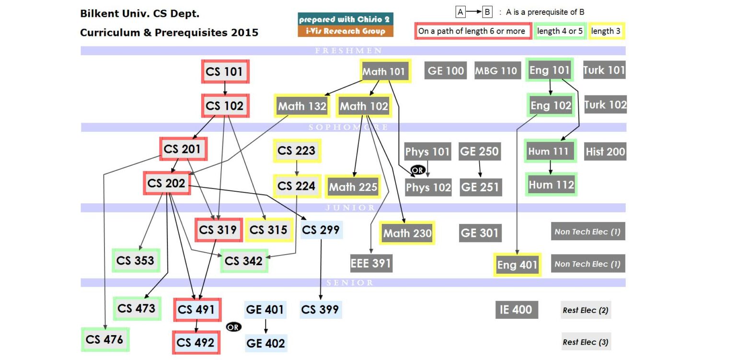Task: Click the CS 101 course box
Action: (x=225, y=72)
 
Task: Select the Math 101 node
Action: (x=385, y=72)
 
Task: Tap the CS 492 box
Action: (x=196, y=343)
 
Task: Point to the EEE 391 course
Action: (x=371, y=263)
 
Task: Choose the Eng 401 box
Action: (x=517, y=265)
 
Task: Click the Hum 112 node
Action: (x=551, y=184)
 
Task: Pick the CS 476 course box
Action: (x=104, y=339)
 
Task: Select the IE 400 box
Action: (x=516, y=310)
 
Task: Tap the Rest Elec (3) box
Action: (x=586, y=342)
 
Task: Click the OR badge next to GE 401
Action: (x=233, y=327)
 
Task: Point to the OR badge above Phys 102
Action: (x=417, y=170)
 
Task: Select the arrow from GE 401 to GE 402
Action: (x=265, y=325)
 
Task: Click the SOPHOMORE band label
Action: (x=348, y=128)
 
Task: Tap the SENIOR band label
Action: (x=350, y=283)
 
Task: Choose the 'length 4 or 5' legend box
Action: (x=560, y=31)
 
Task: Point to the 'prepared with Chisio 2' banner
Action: (x=345, y=19)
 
